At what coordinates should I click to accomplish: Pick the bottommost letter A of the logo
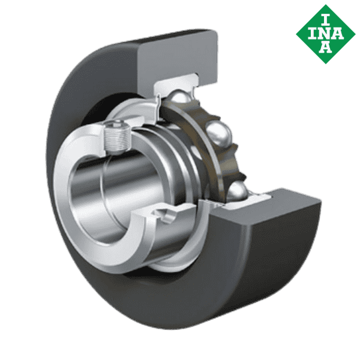325,49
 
